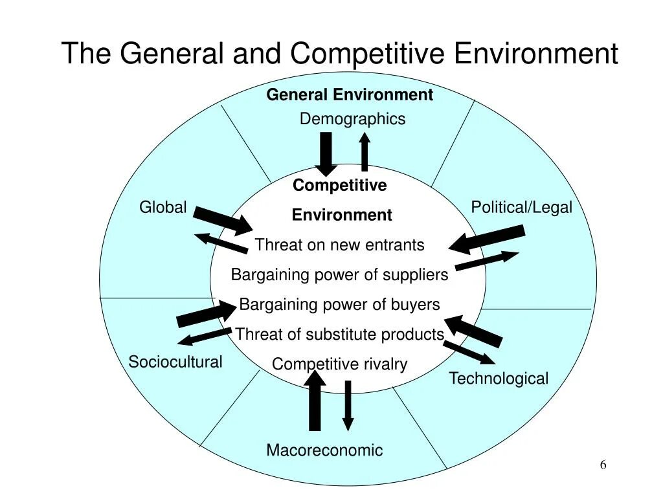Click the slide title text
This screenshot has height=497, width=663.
[339, 53]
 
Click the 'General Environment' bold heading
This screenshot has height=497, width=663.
[350, 95]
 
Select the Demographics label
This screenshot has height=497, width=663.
[352, 119]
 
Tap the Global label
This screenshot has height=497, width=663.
[163, 208]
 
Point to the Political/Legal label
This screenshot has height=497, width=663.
[521, 208]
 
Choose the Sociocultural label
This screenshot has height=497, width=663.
[175, 362]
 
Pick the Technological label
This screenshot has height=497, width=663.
[499, 379]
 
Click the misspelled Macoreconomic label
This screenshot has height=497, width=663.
[324, 450]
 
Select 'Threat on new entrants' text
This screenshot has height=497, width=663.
[340, 245]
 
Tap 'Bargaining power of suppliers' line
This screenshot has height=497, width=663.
[340, 275]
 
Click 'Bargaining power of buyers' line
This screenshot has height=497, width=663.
[340, 305]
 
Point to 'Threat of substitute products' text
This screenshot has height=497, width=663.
[340, 335]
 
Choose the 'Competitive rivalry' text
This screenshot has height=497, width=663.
[340, 364]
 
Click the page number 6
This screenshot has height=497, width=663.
[603, 465]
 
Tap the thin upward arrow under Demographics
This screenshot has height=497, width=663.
[365, 152]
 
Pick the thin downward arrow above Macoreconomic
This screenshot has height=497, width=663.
[348, 405]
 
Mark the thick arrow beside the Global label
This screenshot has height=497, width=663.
[223, 220]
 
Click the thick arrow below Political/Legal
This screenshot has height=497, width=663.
[487, 239]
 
